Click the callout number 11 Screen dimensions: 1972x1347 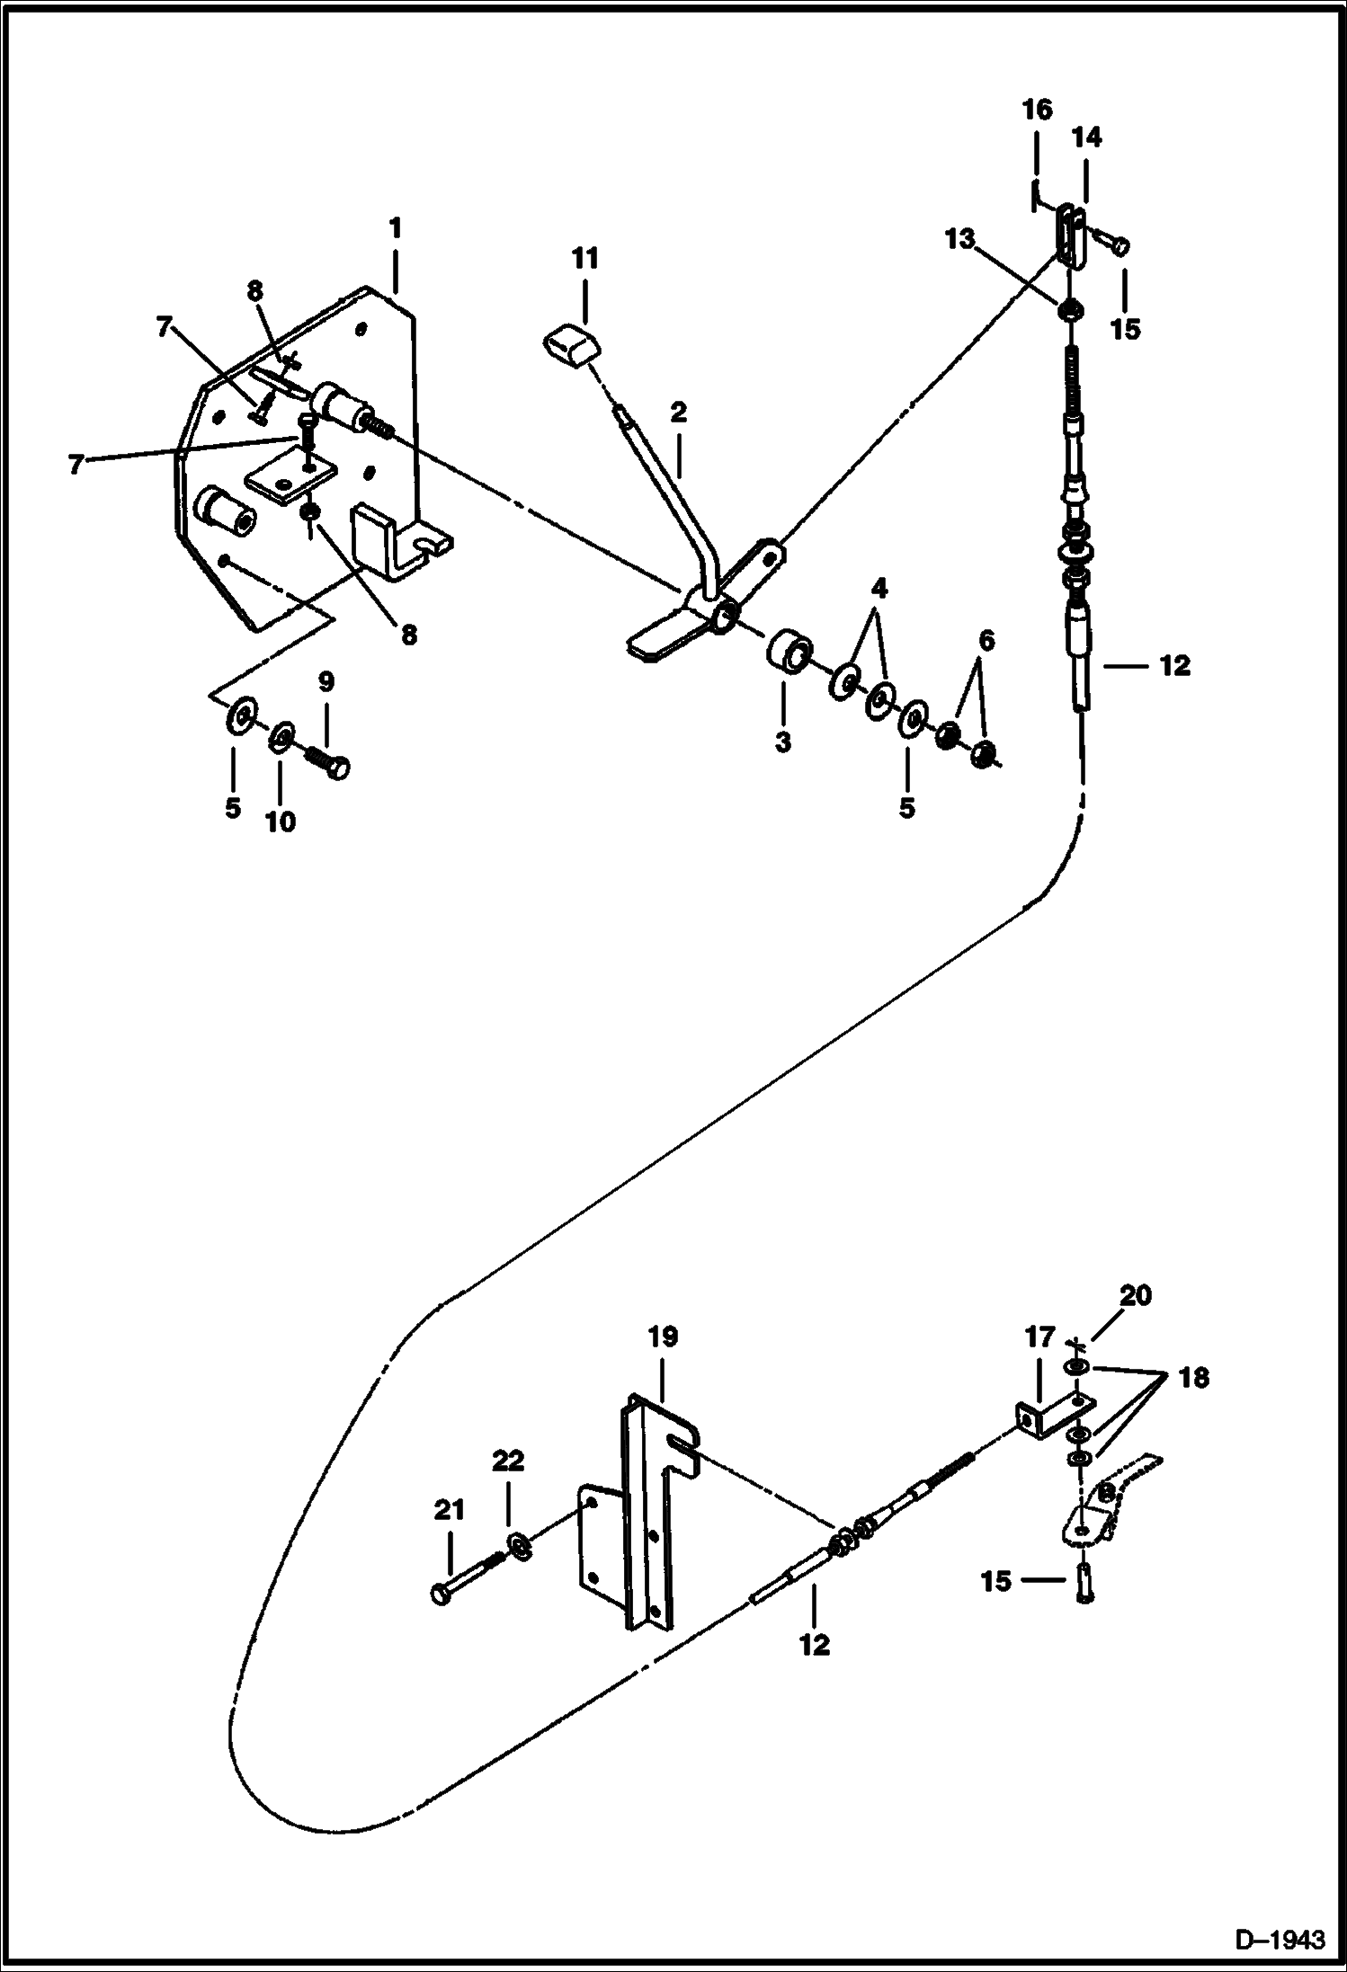[584, 260]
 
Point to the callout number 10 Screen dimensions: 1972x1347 [281, 822]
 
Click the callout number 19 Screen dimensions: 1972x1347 [662, 1337]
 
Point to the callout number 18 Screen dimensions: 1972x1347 [1193, 1377]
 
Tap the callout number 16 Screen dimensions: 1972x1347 [1036, 110]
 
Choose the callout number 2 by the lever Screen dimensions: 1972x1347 [678, 413]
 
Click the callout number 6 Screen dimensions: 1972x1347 [986, 641]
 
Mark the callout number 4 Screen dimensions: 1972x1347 [879, 590]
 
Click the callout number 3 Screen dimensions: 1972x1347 [782, 742]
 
